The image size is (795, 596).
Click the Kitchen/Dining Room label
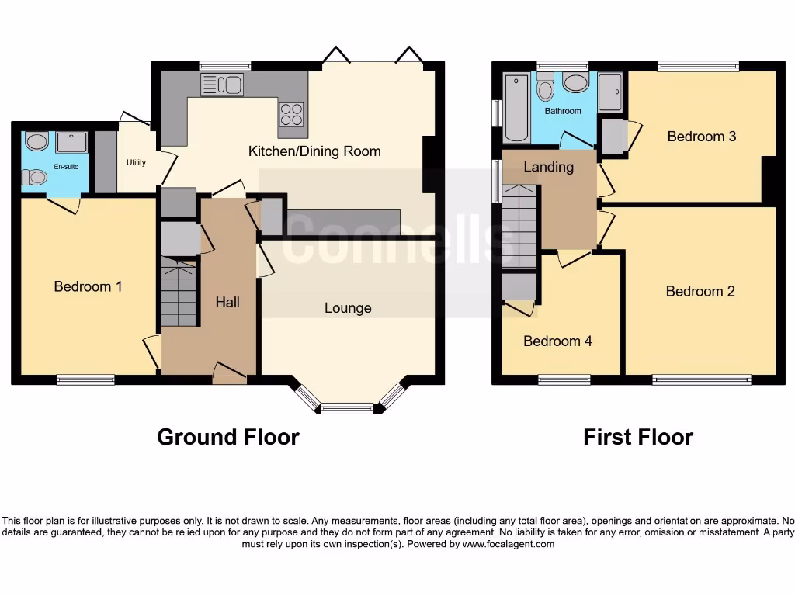point(314,151)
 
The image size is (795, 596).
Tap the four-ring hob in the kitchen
point(291,114)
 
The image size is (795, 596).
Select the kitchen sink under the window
point(222,85)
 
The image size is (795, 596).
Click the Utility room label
point(136,162)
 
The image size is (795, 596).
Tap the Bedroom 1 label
point(88,286)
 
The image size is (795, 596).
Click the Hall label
point(227,302)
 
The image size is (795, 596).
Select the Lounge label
point(348,308)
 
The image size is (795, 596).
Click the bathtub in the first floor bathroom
point(516,108)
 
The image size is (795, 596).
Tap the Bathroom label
point(563,111)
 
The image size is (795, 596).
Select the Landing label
point(549,167)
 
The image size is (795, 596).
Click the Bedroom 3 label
point(702,136)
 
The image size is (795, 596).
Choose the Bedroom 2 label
point(700,291)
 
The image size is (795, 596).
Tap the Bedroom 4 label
point(557,341)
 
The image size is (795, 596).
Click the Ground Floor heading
point(227,437)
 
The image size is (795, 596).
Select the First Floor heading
point(638,437)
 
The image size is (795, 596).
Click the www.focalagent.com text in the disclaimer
point(509,544)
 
